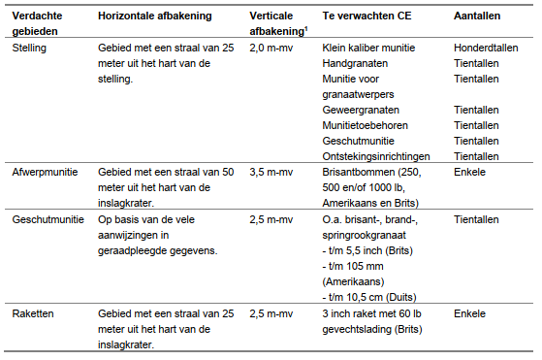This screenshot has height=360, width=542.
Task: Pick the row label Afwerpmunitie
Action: (x=43, y=172)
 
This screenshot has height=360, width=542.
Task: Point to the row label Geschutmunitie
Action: (x=46, y=219)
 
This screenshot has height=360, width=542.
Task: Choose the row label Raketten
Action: (x=32, y=314)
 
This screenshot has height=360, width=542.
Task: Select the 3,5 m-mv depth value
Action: (x=271, y=172)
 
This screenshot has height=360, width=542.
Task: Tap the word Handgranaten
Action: (x=357, y=63)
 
